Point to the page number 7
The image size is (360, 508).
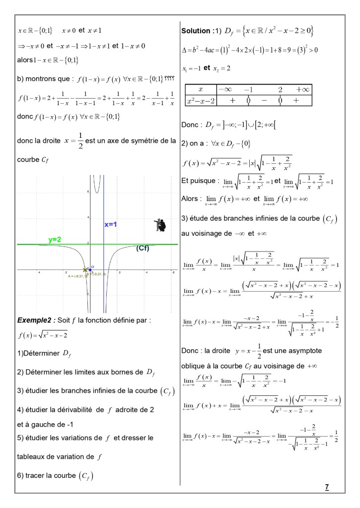click(327, 487)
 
